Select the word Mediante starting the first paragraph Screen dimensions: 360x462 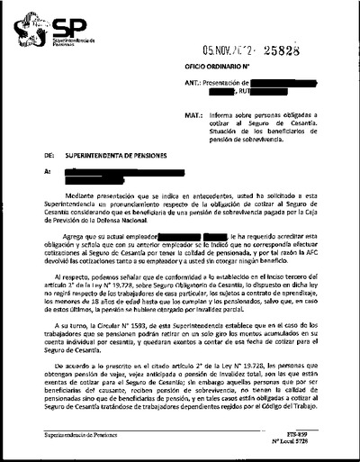coord(83,197)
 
